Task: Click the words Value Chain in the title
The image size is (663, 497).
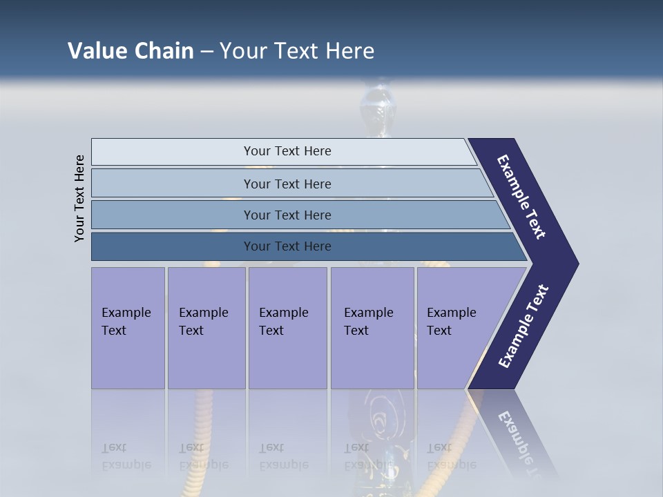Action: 131,51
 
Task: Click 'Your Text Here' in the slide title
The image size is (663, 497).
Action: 297,51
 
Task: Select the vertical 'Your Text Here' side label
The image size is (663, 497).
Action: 79,198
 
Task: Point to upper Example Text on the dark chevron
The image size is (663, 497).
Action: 521,197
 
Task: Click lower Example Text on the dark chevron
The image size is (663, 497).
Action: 523,327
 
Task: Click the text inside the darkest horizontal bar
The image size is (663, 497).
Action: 287,246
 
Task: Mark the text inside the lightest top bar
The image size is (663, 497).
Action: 287,151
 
